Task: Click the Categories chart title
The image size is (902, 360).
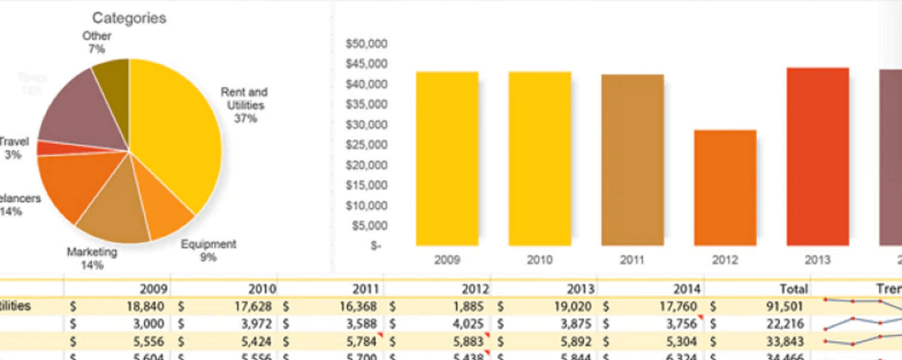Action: (130, 17)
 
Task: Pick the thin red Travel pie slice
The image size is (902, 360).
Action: (49, 148)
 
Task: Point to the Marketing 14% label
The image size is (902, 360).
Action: (92, 258)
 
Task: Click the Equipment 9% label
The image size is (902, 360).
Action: (208, 251)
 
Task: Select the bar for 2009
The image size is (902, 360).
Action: (446, 158)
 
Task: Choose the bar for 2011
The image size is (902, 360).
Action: (632, 160)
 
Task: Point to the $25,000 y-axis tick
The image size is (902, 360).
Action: (366, 145)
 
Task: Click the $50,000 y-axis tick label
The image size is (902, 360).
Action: (366, 43)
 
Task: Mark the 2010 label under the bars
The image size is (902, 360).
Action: (539, 259)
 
